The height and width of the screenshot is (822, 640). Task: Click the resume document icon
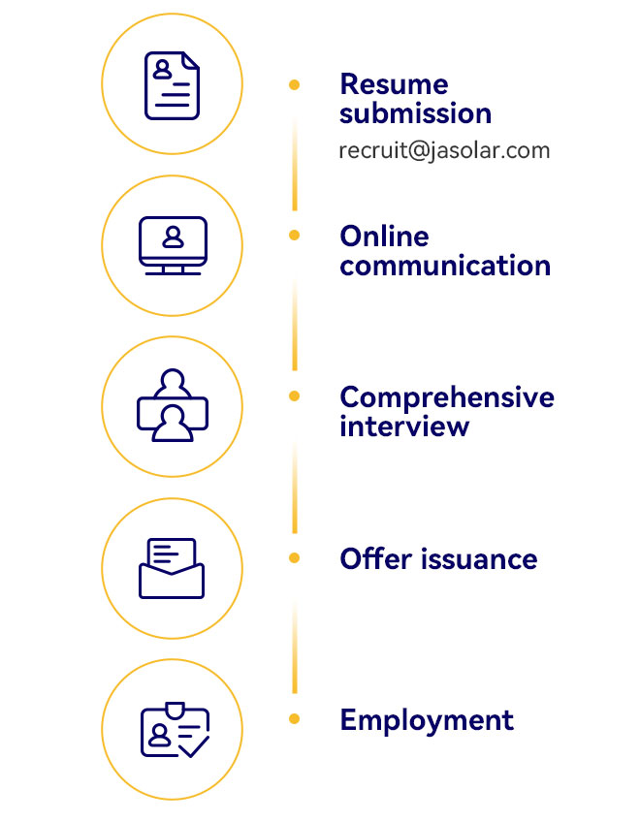[x=172, y=85]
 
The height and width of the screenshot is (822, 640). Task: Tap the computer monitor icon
[x=174, y=245]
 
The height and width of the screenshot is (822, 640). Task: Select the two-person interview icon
[x=173, y=405]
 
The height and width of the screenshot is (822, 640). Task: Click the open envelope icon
[x=172, y=568]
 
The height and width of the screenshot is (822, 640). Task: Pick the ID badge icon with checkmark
[x=176, y=729]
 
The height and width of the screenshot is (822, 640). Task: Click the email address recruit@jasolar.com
[x=444, y=151]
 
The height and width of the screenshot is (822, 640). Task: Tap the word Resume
[x=394, y=84]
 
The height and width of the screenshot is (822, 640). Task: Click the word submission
[x=415, y=113]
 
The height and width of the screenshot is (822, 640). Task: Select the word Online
[x=385, y=237]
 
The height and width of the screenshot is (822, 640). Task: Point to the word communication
[x=445, y=266]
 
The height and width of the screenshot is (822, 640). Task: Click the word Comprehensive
[x=447, y=396]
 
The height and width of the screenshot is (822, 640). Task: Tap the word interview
[x=404, y=427]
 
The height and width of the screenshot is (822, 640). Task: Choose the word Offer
[x=376, y=559]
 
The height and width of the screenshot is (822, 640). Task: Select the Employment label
[x=427, y=721]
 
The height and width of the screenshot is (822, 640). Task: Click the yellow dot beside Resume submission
[x=294, y=85]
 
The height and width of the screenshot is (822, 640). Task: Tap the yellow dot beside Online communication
[x=294, y=236]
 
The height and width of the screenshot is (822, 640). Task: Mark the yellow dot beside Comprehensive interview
[x=294, y=396]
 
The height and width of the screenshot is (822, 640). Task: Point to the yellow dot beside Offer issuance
[x=294, y=558]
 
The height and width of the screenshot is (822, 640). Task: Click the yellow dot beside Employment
[x=294, y=718]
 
